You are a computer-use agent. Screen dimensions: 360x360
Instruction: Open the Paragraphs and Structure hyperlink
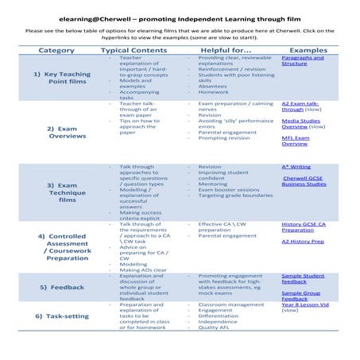tap(303, 60)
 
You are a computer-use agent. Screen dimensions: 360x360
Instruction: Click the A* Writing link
tap(296, 167)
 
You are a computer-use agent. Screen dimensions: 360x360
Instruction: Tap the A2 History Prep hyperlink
tap(303, 242)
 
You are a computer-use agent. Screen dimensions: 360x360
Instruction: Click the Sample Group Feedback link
tap(300, 296)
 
